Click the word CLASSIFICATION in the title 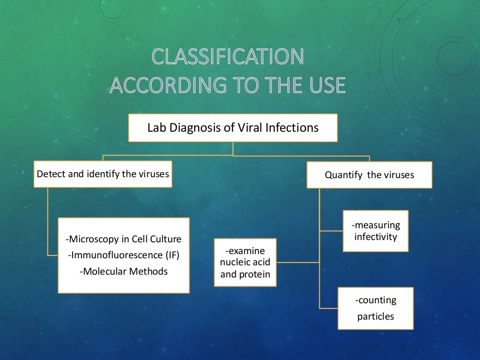click(x=228, y=57)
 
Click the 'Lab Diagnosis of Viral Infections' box click(x=233, y=127)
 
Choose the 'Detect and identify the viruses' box click(x=103, y=174)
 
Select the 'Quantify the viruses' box click(x=369, y=175)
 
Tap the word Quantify click(x=344, y=175)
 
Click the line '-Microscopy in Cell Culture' click(x=123, y=240)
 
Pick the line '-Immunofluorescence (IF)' click(x=123, y=255)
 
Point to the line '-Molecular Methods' click(x=123, y=271)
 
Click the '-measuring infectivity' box click(x=375, y=231)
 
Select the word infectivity click(x=375, y=237)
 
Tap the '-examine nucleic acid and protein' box click(x=245, y=262)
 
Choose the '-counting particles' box click(x=375, y=308)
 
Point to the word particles click(x=375, y=316)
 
